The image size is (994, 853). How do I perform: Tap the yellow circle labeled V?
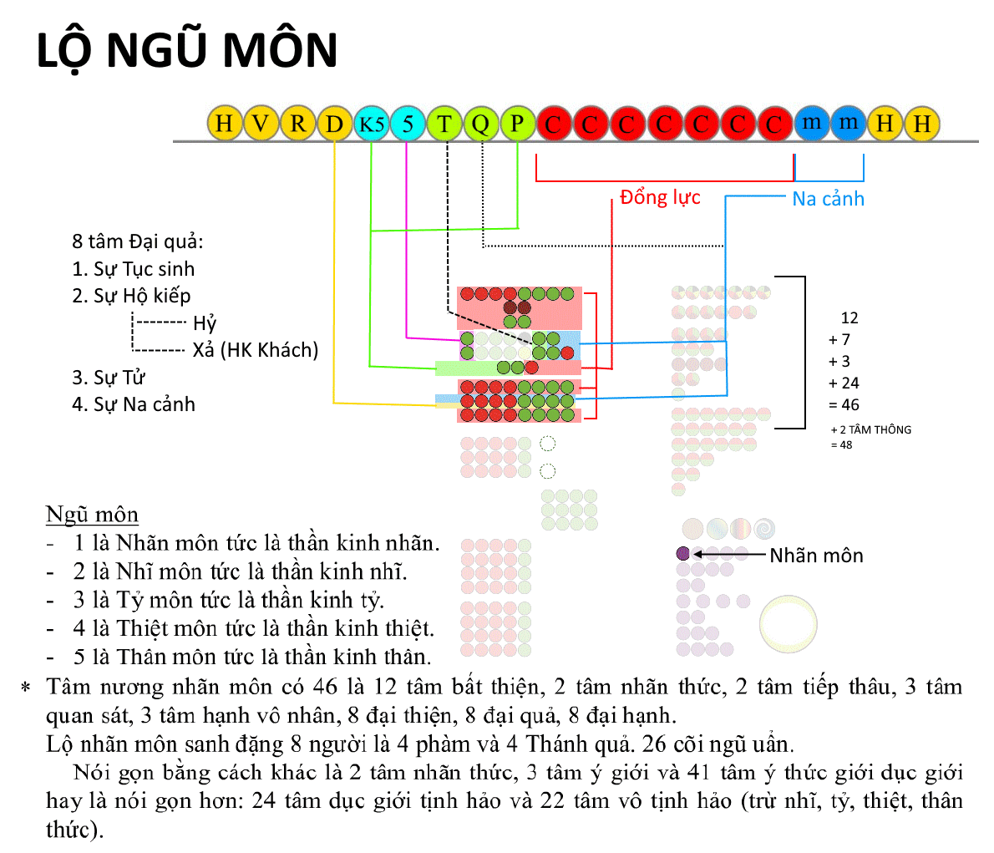pyautogui.click(x=261, y=123)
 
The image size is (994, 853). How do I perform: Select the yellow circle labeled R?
pyautogui.click(x=297, y=123)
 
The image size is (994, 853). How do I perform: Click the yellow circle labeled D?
pyautogui.click(x=334, y=123)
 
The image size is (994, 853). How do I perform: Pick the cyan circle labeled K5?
pyautogui.click(x=371, y=123)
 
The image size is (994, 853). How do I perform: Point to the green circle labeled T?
pyautogui.click(x=444, y=123)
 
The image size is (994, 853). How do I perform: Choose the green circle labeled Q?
pyautogui.click(x=481, y=123)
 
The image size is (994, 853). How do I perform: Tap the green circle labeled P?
pyautogui.click(x=518, y=123)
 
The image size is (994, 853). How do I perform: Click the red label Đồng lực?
pyautogui.click(x=660, y=197)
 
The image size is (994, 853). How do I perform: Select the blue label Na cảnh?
pyautogui.click(x=828, y=199)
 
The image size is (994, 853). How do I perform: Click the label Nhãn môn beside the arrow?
pyautogui.click(x=817, y=556)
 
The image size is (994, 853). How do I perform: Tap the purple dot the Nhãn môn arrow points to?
pyautogui.click(x=682, y=553)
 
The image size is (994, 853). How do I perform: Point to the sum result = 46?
pyautogui.click(x=844, y=404)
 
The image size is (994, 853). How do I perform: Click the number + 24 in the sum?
pyautogui.click(x=844, y=383)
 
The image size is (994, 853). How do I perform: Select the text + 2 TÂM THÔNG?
pyautogui.click(x=871, y=430)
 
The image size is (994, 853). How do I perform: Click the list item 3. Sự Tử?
pyautogui.click(x=109, y=378)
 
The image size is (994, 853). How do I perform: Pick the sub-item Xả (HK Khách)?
pyautogui.click(x=256, y=350)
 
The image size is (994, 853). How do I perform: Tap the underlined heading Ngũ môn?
pyautogui.click(x=92, y=515)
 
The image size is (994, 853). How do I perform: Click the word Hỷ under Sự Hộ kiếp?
pyautogui.click(x=205, y=322)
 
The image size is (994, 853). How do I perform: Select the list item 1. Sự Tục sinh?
pyautogui.click(x=133, y=269)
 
